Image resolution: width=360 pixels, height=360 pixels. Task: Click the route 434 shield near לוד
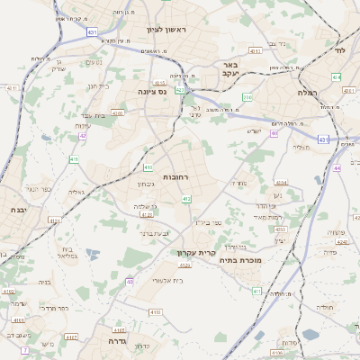336,77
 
